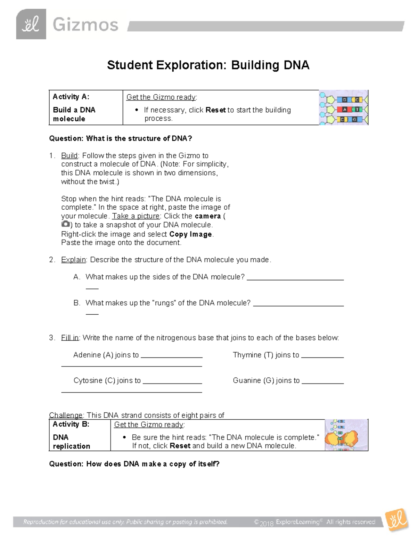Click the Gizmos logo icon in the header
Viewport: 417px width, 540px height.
(x=31, y=24)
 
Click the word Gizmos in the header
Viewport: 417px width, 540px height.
(x=85, y=25)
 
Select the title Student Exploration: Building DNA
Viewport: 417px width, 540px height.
(x=208, y=65)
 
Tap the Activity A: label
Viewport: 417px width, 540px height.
(x=71, y=97)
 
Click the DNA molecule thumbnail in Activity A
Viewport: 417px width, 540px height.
(x=343, y=107)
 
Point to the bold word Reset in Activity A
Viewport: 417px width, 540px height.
(x=215, y=110)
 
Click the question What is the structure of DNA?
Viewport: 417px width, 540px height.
(x=120, y=138)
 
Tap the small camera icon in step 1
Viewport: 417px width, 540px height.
(x=65, y=224)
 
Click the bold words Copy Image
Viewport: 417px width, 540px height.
(x=190, y=234)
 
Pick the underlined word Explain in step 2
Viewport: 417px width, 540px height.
(x=73, y=260)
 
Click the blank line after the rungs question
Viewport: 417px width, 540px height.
(x=299, y=305)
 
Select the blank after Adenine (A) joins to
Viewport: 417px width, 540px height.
(x=172, y=357)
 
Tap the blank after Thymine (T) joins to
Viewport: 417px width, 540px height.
(x=322, y=357)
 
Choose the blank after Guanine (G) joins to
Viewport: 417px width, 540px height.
(x=322, y=382)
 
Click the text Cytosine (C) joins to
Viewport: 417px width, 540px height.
(x=107, y=380)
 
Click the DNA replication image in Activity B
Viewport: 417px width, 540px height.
(x=346, y=435)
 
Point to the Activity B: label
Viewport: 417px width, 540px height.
(x=71, y=424)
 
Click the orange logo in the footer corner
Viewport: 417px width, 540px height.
(x=397, y=520)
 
